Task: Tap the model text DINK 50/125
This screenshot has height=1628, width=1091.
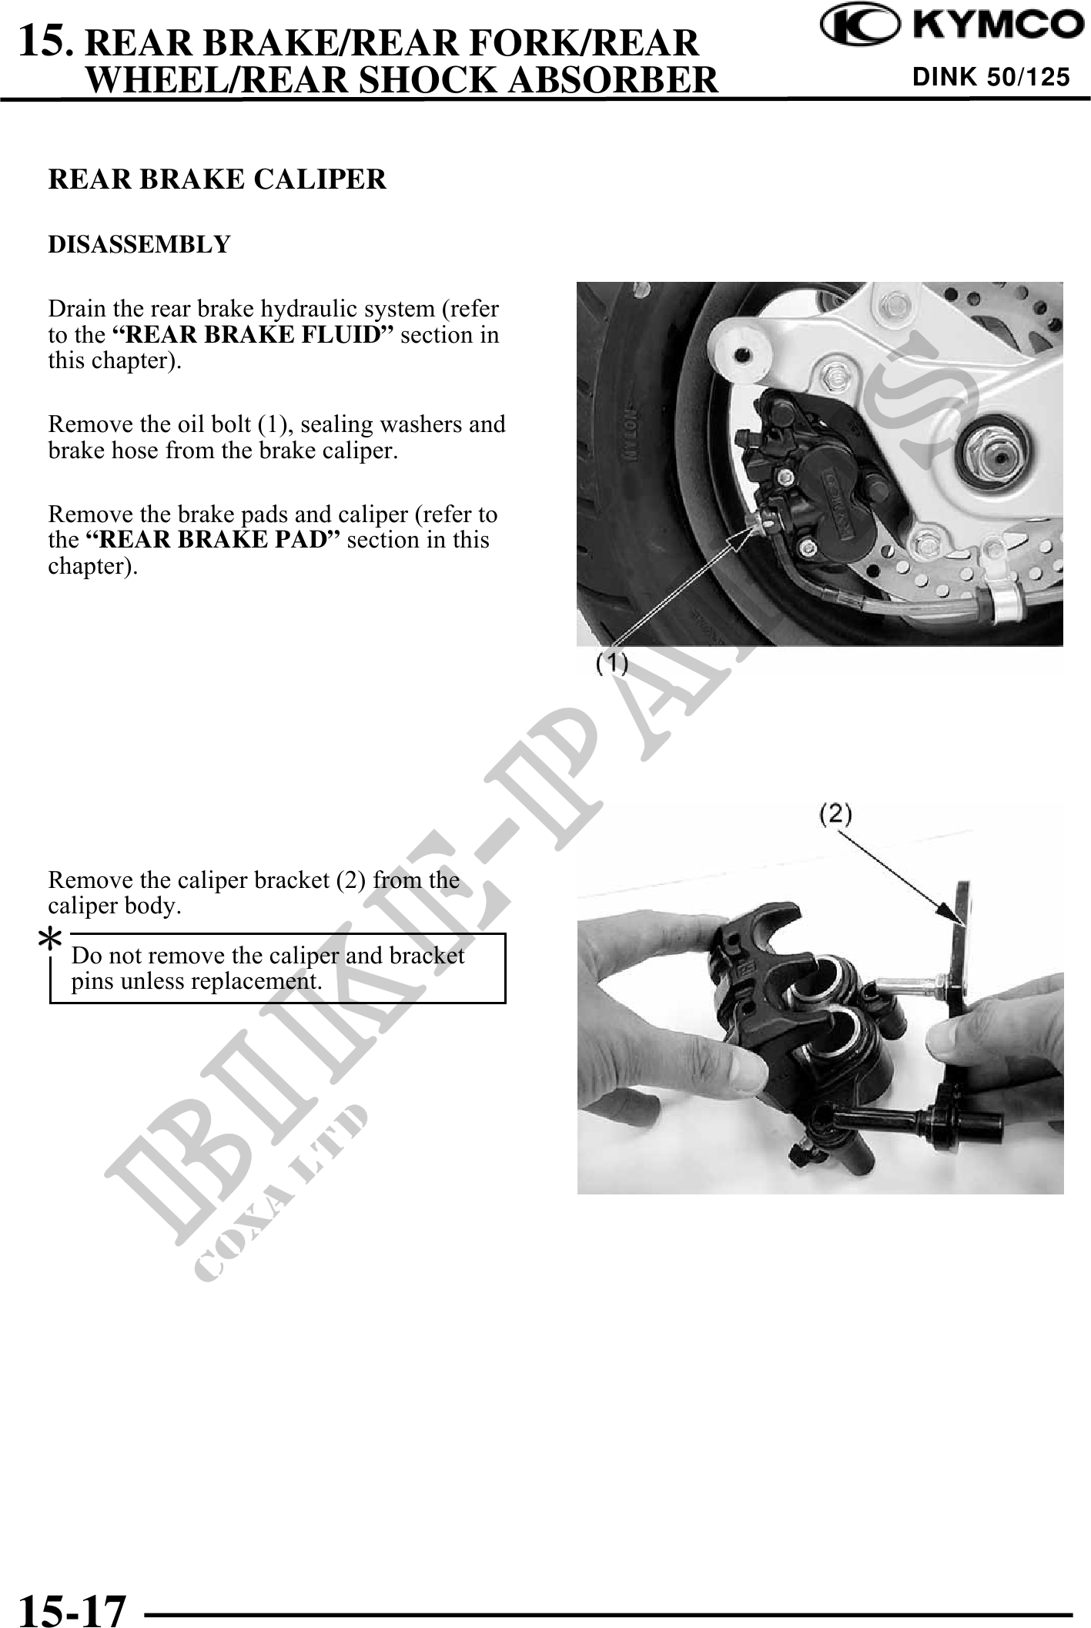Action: (x=991, y=77)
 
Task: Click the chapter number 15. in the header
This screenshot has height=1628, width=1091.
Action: (x=47, y=41)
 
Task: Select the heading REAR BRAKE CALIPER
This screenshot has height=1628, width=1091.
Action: (x=217, y=179)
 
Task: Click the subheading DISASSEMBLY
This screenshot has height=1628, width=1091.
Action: (x=139, y=245)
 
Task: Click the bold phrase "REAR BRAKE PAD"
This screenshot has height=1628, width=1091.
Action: (x=212, y=540)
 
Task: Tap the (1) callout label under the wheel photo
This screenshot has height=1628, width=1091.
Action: (x=613, y=663)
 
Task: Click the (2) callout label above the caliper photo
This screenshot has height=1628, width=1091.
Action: (x=835, y=815)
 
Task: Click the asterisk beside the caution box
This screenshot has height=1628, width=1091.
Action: (x=51, y=941)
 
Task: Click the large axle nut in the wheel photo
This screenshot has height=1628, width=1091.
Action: (x=979, y=455)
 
